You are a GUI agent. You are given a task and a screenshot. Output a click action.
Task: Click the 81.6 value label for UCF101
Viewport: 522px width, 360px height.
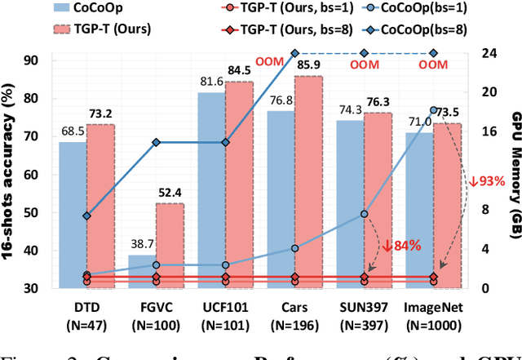tap(210, 82)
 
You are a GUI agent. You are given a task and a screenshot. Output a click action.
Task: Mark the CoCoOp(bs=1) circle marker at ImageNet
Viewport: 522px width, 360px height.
tap(434, 110)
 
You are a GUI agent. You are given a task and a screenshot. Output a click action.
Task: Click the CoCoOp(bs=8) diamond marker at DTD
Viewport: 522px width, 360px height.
tap(87, 216)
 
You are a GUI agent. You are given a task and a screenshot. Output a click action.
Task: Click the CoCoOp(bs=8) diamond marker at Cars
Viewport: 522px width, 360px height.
tap(295, 53)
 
